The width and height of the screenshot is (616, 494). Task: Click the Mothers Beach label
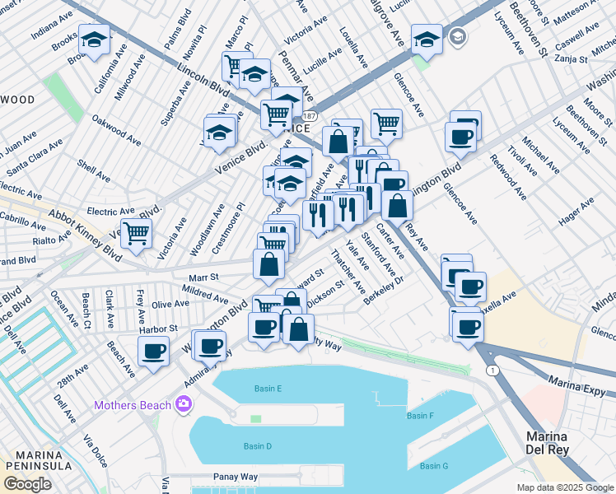point(132,405)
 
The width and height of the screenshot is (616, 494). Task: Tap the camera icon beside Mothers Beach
point(182,404)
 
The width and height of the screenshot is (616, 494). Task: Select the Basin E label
point(268,388)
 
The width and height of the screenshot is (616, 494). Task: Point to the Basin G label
point(433,466)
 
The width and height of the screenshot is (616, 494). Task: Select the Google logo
point(27,484)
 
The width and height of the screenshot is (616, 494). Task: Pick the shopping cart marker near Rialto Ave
point(136,233)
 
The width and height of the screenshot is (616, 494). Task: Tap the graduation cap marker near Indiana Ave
point(95,40)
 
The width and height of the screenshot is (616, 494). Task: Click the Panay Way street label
point(236,477)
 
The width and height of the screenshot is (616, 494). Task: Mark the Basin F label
point(420,416)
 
